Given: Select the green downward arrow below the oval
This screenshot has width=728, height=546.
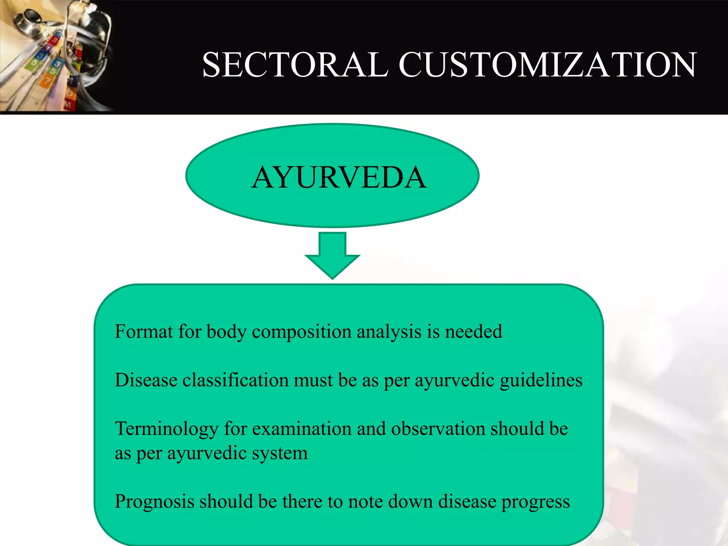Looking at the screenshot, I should (x=332, y=256).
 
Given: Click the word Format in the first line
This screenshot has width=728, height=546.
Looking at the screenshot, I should (x=144, y=331).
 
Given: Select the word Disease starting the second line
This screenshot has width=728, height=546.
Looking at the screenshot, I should (x=146, y=380).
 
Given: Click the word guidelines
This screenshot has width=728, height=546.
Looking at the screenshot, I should (x=541, y=380).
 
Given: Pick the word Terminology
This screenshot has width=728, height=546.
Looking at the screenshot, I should (x=166, y=429).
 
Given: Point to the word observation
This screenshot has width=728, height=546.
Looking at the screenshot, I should (x=438, y=428).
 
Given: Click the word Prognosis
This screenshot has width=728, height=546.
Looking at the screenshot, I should (x=154, y=502).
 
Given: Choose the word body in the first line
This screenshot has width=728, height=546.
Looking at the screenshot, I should (x=226, y=332).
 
